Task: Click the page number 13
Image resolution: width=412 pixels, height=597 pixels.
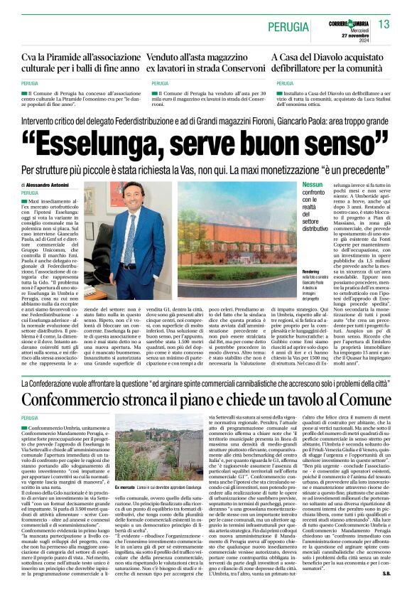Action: (x=384, y=25)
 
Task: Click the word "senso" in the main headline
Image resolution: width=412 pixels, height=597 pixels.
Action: (x=340, y=146)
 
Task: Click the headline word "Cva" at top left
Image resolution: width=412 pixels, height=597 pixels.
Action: (x=30, y=59)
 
